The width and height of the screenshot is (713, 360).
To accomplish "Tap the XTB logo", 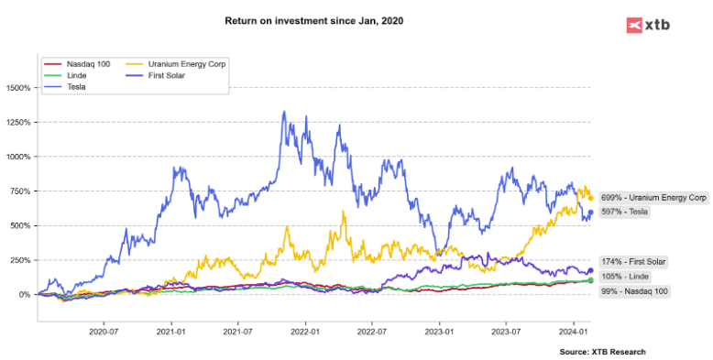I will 648,25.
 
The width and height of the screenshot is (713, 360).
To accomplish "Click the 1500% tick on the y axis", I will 18,88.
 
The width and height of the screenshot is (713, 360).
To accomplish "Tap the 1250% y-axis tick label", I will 18,123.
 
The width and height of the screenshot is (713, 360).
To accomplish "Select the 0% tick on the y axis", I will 24,294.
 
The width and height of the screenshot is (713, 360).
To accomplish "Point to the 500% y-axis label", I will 20,225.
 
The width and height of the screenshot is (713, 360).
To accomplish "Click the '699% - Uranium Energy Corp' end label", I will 653,197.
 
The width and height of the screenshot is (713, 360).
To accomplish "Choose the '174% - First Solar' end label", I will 632,262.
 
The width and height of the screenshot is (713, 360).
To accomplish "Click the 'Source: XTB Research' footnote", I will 602,352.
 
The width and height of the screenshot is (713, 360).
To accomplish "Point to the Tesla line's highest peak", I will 283,112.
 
